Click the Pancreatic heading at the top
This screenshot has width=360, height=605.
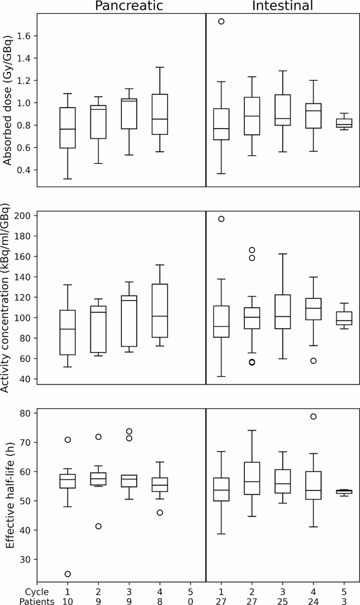click(x=129, y=6)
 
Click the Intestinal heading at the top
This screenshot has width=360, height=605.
click(x=282, y=6)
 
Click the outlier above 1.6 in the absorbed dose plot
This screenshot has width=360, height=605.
click(x=221, y=22)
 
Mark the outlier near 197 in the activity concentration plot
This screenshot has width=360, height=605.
click(x=221, y=219)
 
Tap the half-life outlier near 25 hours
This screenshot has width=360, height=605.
click(x=68, y=574)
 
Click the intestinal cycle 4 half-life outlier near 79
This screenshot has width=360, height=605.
click(x=313, y=416)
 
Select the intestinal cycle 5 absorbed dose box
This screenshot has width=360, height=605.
click(x=344, y=123)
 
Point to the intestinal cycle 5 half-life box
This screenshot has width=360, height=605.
click(x=344, y=492)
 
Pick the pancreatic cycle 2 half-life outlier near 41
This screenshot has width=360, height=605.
click(x=98, y=526)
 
